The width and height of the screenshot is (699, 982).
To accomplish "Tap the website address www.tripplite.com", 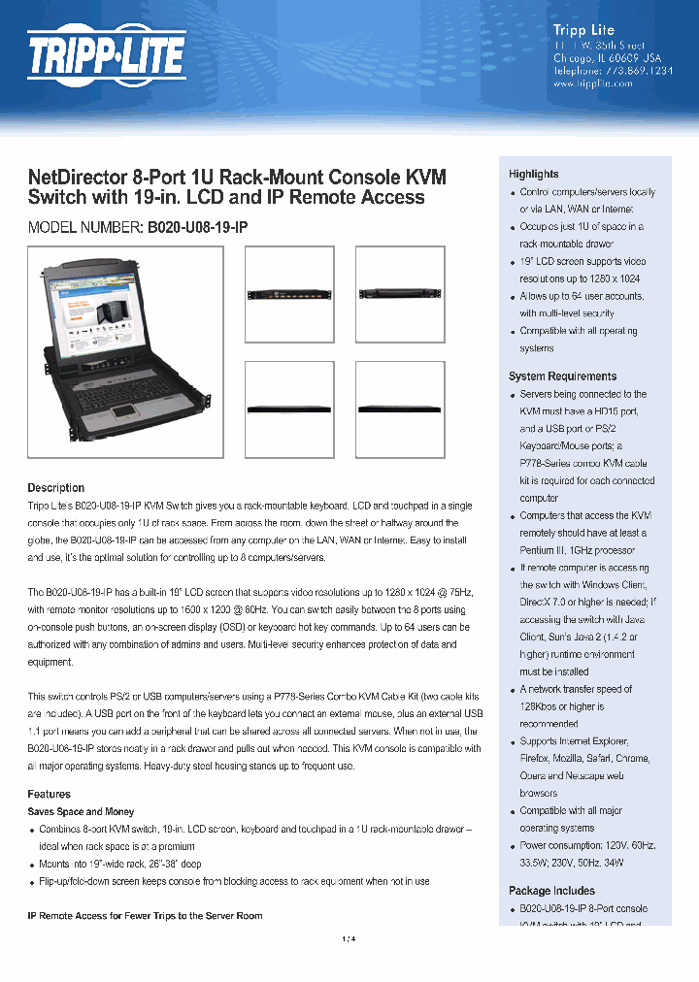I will coord(592,83).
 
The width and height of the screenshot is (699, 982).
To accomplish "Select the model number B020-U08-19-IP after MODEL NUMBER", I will coord(197,226).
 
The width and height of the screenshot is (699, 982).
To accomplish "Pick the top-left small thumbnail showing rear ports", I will coord(288,292).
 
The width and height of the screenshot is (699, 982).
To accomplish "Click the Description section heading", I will coord(55,488).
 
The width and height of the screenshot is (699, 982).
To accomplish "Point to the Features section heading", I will coord(49,794).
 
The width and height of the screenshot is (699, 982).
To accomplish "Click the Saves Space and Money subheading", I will coord(81,811).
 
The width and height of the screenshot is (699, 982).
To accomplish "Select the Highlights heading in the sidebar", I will coord(533,174).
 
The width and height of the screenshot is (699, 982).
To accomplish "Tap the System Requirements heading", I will coord(562,376).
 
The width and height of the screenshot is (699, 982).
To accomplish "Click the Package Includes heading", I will coord(551,891).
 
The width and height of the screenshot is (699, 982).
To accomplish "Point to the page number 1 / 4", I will coord(349,938).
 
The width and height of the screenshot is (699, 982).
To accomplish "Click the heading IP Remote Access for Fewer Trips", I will coord(145,915).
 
